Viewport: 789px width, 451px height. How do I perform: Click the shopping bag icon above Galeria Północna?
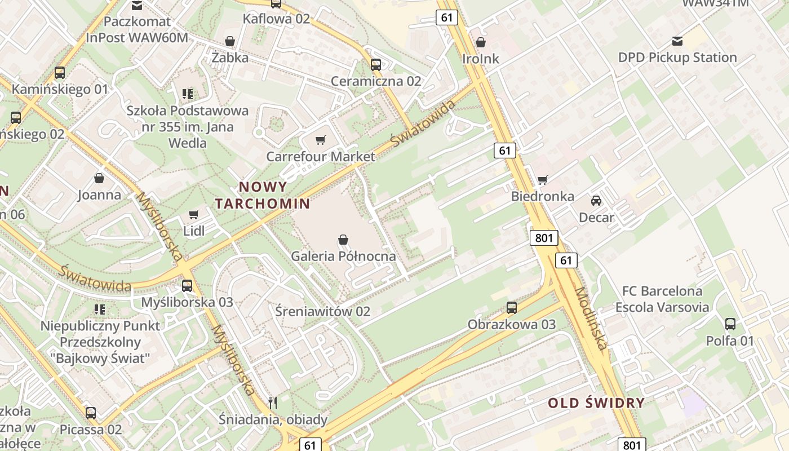tap(343, 240)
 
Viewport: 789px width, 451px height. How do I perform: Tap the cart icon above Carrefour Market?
tap(321, 140)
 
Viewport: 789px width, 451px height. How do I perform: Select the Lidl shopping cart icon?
tap(194, 214)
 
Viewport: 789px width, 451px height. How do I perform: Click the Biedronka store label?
tap(543, 196)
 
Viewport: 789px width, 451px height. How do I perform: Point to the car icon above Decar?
tap(596, 200)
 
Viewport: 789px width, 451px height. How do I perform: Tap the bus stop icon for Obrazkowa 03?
tap(512, 308)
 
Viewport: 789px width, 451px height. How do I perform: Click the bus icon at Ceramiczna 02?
tap(376, 65)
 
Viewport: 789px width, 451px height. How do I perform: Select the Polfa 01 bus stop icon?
tap(730, 324)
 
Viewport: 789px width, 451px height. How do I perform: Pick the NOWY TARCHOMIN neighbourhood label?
tap(263, 195)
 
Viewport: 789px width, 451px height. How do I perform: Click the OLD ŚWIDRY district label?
tap(596, 403)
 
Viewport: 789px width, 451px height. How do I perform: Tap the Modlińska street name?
tap(591, 318)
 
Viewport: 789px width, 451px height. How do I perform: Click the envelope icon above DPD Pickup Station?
tap(677, 41)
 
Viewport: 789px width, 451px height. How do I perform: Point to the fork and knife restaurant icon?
tap(273, 403)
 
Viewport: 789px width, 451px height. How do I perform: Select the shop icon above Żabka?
tap(230, 41)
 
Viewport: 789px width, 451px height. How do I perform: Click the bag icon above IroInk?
tap(481, 42)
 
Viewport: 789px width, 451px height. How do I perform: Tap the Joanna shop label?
tap(99, 195)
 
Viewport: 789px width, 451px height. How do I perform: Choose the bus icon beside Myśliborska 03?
tap(187, 286)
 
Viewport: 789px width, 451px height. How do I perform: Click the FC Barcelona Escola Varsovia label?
tap(662, 299)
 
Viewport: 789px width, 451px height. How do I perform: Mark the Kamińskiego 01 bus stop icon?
tap(60, 73)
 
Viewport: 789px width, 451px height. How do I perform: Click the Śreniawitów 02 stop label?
tap(323, 311)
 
